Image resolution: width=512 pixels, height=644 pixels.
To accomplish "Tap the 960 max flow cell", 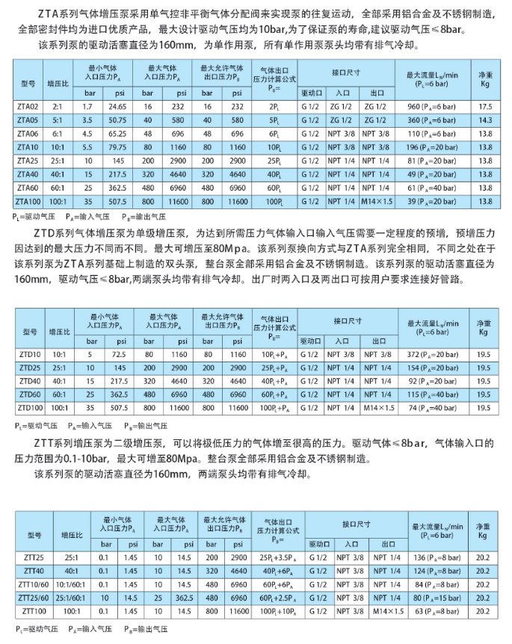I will (436, 108).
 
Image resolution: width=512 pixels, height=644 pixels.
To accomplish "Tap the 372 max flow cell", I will (436, 354).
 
